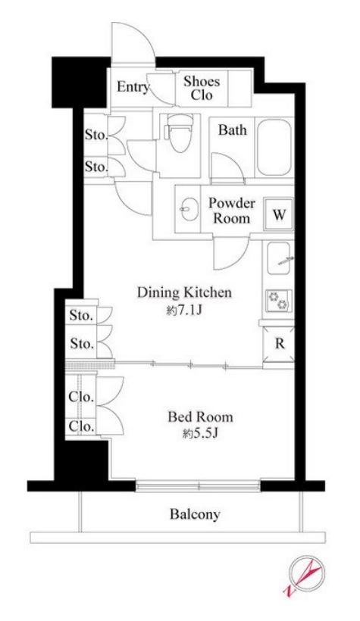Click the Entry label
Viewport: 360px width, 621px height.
[133, 87]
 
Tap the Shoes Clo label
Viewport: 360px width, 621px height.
[202, 88]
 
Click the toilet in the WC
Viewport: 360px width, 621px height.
[178, 133]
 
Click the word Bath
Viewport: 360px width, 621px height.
[233, 130]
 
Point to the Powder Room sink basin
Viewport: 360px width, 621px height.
[187, 208]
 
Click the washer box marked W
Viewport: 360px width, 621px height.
[279, 214]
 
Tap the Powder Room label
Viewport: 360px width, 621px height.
[232, 211]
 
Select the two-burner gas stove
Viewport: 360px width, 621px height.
[279, 301]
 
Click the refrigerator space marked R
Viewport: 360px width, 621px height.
[279, 344]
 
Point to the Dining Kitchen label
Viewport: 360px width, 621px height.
[184, 292]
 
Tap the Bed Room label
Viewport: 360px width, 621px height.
[200, 417]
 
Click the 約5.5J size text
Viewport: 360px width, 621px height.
[201, 435]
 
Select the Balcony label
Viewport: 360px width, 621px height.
[195, 514]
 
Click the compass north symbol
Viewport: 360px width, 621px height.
[305, 575]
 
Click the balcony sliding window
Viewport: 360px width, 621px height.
[198, 485]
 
